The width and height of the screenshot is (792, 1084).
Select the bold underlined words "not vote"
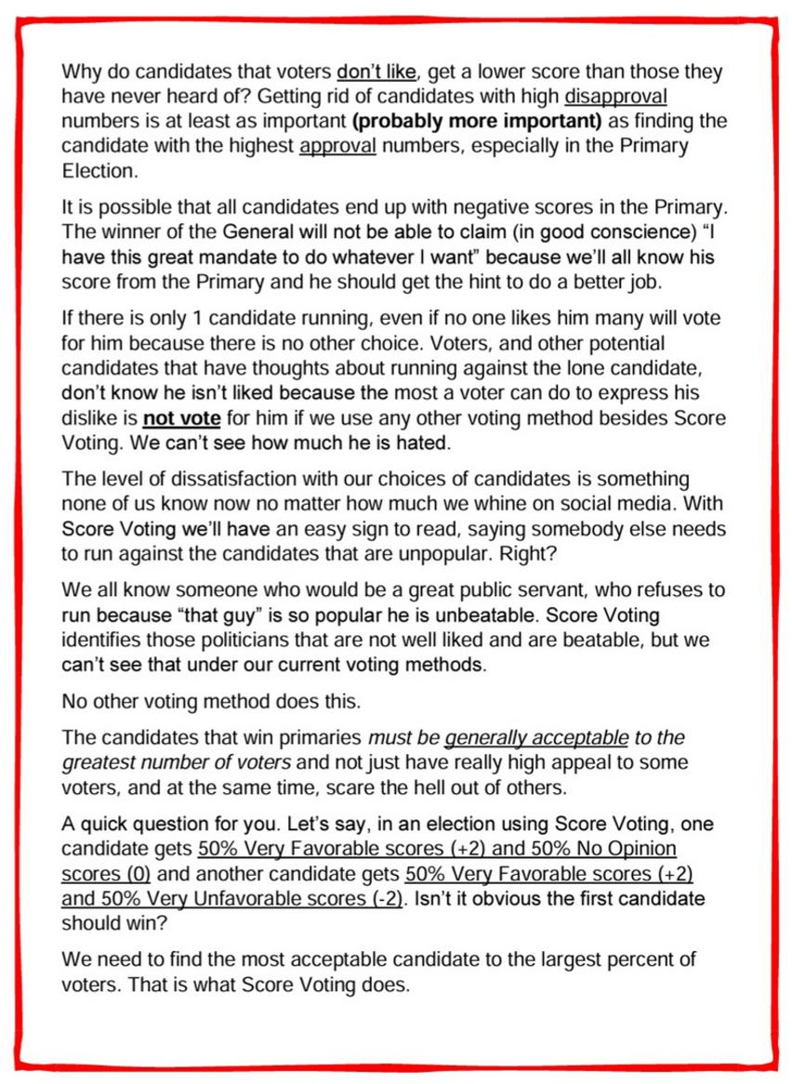pos(181,418)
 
